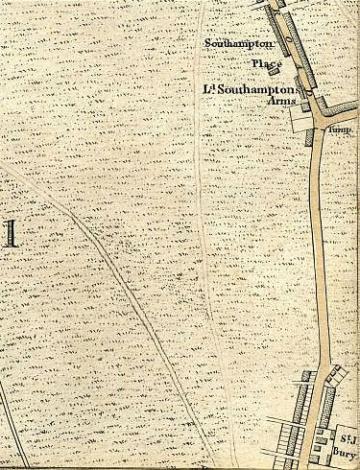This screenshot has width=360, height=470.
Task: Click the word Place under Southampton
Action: coord(266,63)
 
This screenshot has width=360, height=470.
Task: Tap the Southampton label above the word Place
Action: coord(240,43)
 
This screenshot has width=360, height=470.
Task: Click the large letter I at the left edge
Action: coord(11,233)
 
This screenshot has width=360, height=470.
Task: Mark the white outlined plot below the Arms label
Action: coord(299,118)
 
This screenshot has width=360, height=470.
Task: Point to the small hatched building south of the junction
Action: coord(309,137)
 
